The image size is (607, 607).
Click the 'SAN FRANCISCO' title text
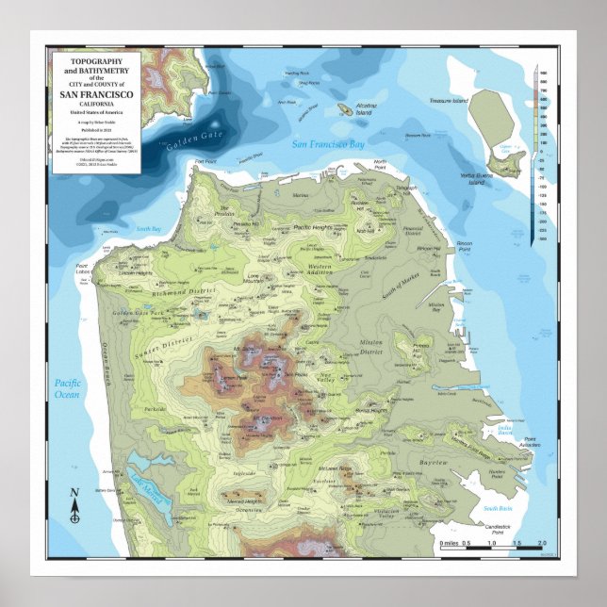coord(96,95)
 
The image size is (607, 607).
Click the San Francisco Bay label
coord(327,144)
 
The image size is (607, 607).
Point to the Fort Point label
coord(205,162)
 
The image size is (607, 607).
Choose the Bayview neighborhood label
coord(433,464)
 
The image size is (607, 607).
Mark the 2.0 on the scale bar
coord(541,544)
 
